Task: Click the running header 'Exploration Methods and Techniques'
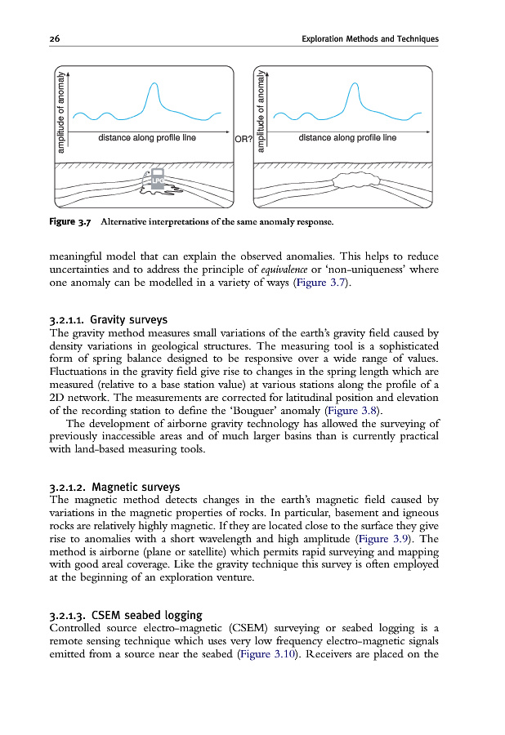369,39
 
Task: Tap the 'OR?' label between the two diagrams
244,140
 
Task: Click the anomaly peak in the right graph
352,85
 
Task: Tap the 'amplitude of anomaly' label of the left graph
61,111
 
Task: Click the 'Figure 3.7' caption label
73,221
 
